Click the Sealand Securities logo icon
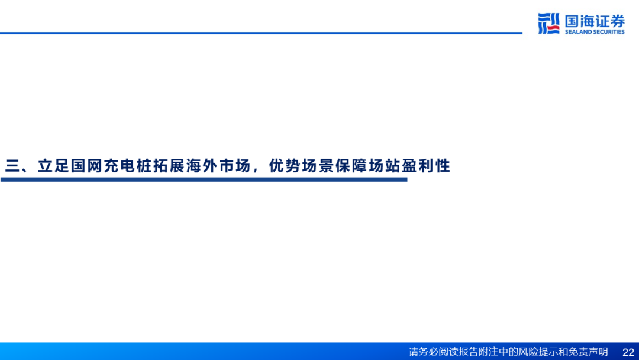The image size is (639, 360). tap(548, 23)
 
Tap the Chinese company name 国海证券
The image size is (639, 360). tap(594, 20)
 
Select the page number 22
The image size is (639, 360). tap(628, 352)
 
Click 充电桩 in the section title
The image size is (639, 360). tap(128, 166)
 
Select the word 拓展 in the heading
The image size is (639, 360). tap(169, 166)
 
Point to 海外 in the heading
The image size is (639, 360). tap(202, 166)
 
